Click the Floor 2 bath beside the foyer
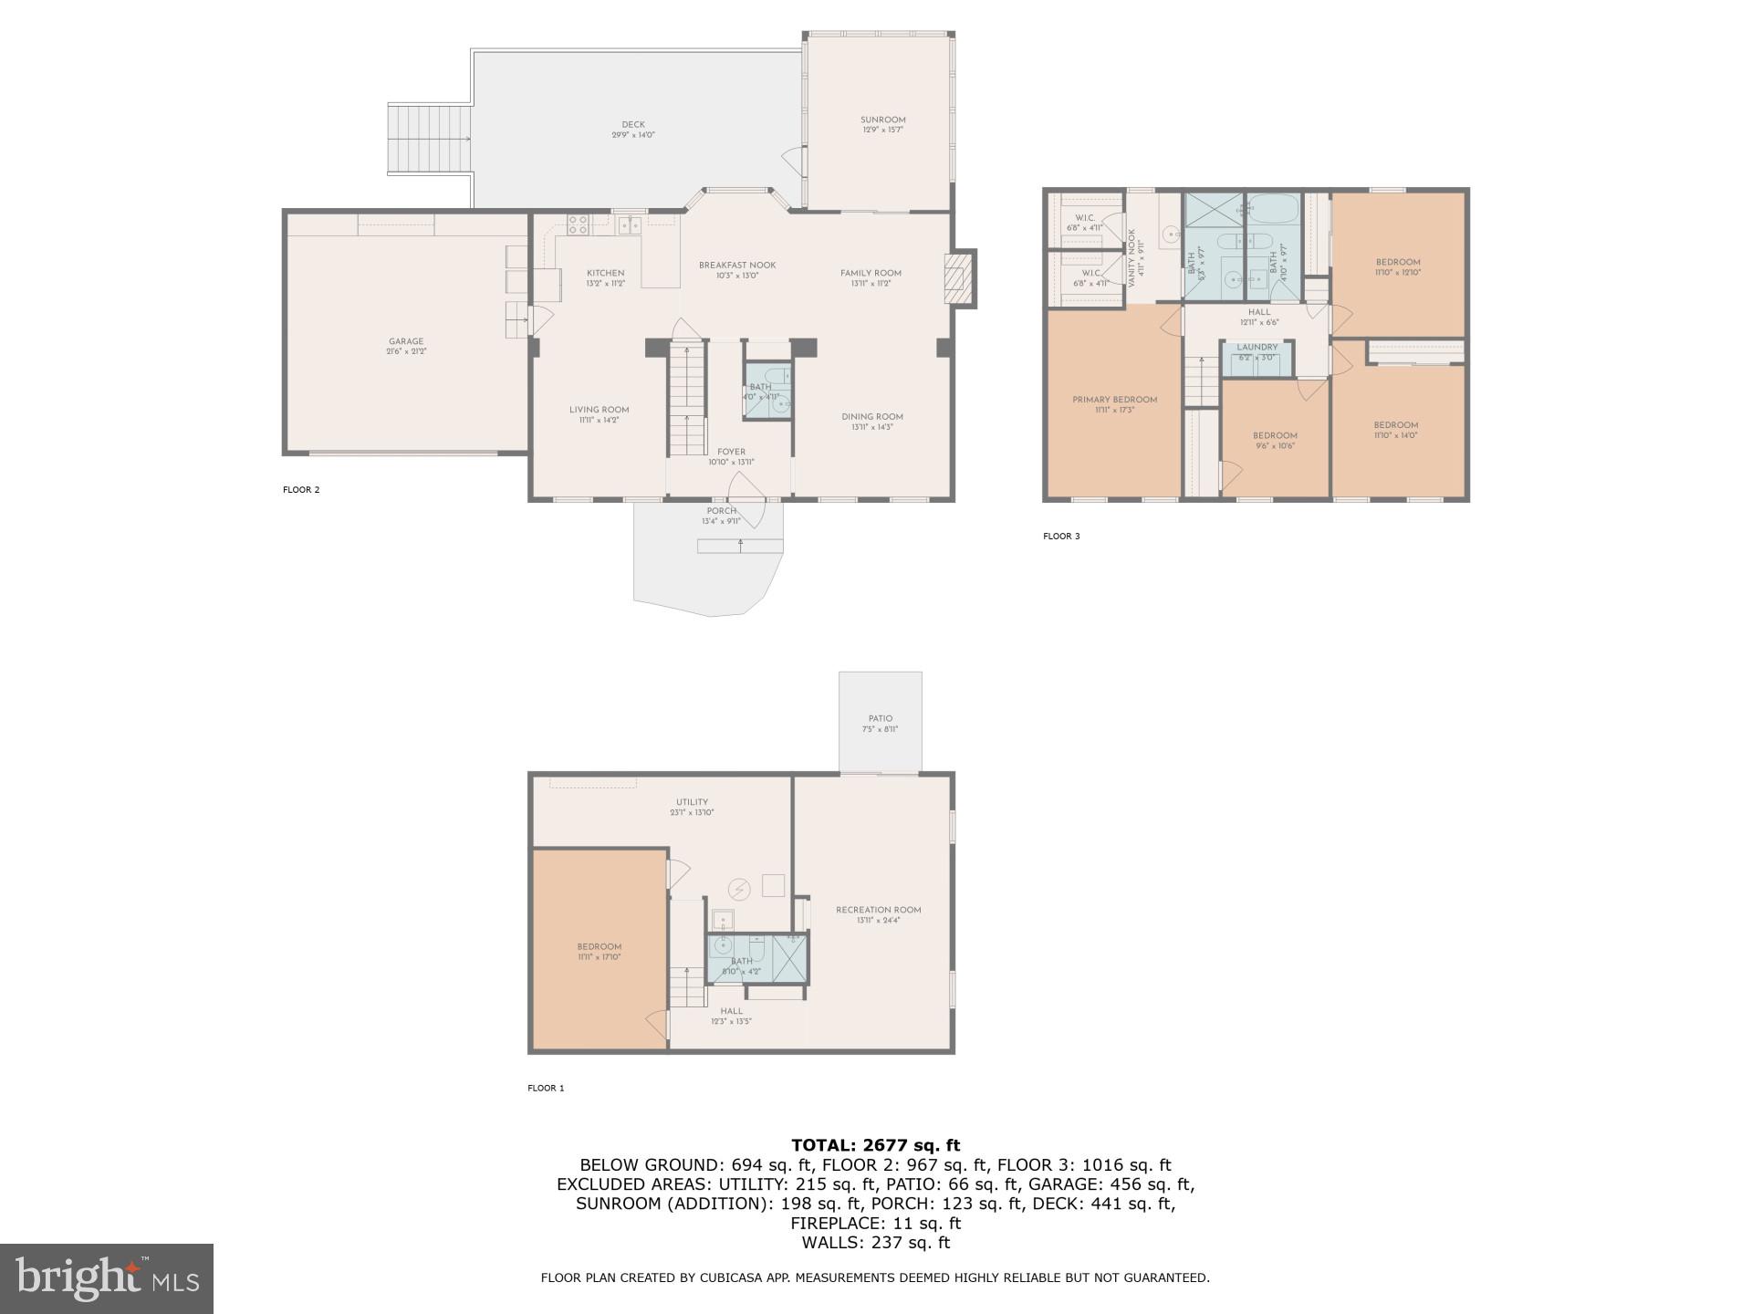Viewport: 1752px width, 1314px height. click(766, 391)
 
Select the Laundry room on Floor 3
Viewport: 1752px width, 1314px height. click(1257, 352)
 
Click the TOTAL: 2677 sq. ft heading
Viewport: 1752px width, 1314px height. click(875, 1145)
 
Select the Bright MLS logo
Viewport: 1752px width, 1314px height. click(107, 1278)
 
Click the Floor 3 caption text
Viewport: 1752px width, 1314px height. click(1061, 537)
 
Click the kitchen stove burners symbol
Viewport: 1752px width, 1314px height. click(578, 222)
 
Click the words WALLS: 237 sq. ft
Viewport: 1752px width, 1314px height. click(875, 1243)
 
